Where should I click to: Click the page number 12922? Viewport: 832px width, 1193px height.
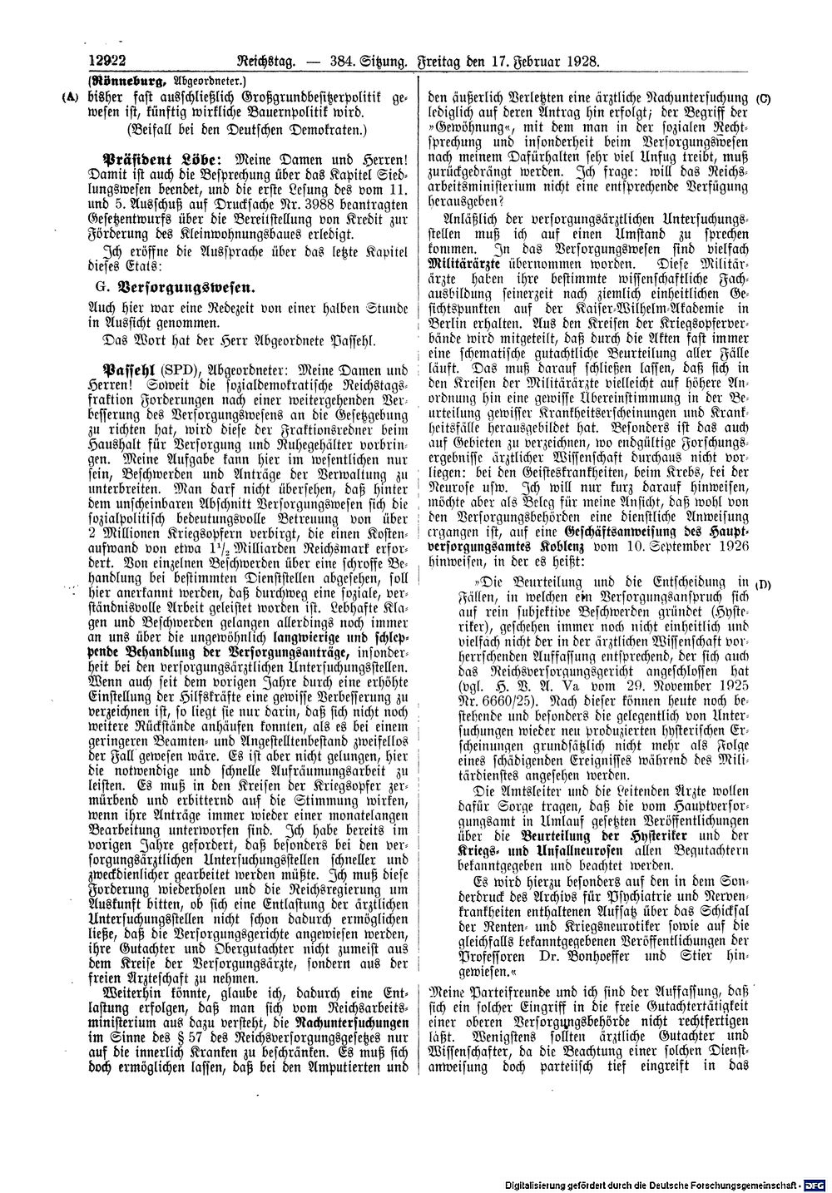(102, 61)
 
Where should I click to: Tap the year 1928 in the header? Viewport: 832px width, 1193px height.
(582, 61)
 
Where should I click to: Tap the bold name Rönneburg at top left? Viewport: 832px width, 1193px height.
(118, 81)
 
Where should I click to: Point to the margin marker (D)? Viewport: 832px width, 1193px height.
(764, 583)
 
